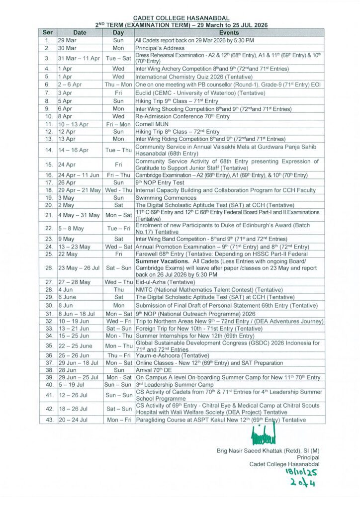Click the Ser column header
pos(47,32)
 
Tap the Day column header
pos(118,32)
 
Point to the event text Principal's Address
pos(160,48)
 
